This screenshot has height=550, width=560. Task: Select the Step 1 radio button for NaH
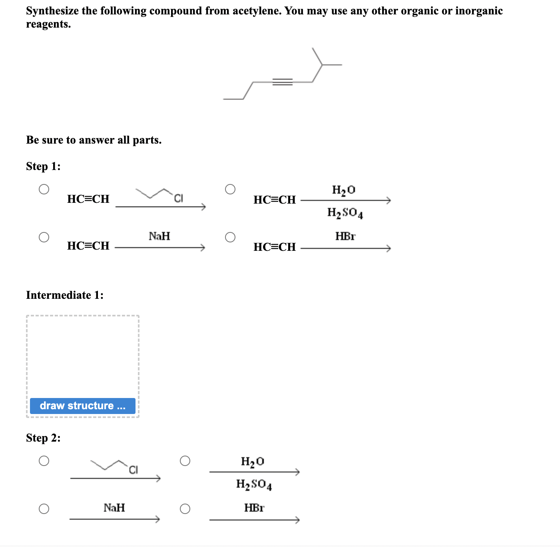[x=44, y=237]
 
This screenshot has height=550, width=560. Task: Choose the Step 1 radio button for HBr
[x=230, y=237]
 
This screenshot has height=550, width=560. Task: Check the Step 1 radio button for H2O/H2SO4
[x=230, y=189]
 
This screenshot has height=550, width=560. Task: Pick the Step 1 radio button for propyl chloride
[x=44, y=189]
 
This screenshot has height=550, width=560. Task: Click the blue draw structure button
[x=83, y=406]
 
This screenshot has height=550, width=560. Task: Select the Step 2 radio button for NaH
[x=44, y=509]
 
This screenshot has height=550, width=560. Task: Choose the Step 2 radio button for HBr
[x=185, y=509]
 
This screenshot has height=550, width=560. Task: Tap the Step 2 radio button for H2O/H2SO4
[x=185, y=461]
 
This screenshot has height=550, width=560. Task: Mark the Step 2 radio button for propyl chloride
[x=44, y=461]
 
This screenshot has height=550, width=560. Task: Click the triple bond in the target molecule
[x=282, y=82]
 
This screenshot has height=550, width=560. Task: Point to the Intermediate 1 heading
[x=65, y=295]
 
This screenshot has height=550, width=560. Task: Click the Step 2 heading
[x=43, y=438]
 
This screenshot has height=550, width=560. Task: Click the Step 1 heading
[x=43, y=166]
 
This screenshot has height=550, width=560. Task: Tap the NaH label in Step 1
[x=159, y=236]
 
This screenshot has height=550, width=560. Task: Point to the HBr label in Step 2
[x=254, y=508]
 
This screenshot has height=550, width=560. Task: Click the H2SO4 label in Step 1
[x=345, y=213]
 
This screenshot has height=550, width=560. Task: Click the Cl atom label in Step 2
[x=134, y=470]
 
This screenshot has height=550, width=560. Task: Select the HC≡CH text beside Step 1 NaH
[x=88, y=246]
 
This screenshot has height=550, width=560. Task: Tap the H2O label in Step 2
[x=252, y=462]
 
